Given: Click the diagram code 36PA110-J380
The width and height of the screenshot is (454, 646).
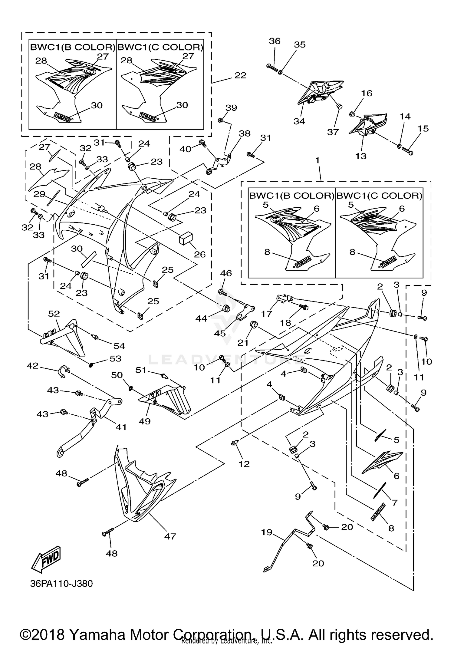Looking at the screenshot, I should (61, 584).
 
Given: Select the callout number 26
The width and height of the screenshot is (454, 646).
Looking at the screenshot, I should (200, 254).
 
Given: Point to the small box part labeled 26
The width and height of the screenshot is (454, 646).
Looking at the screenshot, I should (186, 238).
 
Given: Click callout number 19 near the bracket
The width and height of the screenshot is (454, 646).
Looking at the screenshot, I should (267, 532).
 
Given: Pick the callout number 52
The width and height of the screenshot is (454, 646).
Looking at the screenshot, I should (54, 314).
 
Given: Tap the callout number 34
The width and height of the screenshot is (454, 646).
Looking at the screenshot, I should (299, 121).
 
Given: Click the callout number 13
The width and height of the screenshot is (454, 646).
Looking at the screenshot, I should (361, 156).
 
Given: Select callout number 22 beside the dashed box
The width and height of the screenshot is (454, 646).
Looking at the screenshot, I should (240, 75).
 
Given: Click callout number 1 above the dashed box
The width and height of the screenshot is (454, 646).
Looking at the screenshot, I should (317, 160).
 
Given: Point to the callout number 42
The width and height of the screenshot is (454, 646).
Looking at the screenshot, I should (33, 366).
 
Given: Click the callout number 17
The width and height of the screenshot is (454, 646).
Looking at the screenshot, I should (267, 313).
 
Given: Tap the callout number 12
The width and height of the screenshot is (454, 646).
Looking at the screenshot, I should (244, 464).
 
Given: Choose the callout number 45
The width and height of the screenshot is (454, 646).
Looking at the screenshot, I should (220, 333).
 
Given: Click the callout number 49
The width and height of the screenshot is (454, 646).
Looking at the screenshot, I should (145, 421).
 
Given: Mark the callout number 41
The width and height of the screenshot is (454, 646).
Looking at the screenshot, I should (121, 427).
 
